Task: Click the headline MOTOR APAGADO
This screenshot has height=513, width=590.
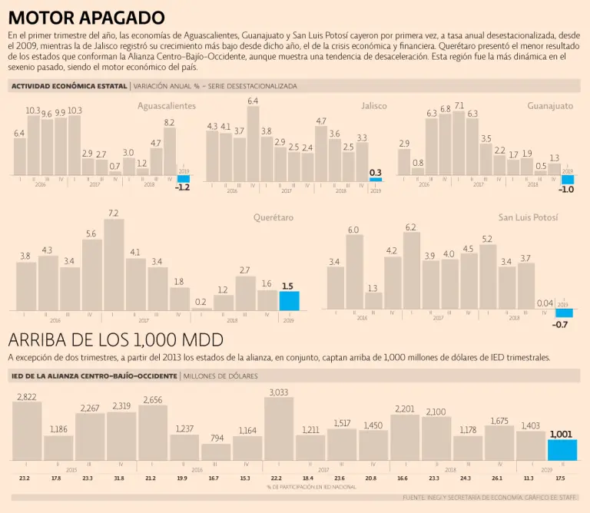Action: pos(86,18)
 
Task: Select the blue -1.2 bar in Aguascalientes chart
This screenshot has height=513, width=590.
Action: pos(184,180)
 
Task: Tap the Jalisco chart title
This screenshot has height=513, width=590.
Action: pos(374,106)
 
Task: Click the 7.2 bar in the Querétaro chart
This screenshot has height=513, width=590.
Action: pos(114,265)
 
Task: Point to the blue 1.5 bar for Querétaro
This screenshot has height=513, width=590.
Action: pos(289,300)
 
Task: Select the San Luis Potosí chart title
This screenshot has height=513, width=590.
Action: pos(529,218)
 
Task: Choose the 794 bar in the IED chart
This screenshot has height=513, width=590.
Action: pos(216,452)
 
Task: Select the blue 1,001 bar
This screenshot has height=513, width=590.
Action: pos(562,450)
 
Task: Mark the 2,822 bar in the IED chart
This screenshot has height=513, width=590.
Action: pos(27,431)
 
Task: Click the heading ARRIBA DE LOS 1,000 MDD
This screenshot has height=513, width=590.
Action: pos(115,340)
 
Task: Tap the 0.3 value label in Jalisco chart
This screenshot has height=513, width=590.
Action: pos(376,172)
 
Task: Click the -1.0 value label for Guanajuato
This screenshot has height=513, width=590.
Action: pos(567,189)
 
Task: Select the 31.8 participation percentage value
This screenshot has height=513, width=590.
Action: pos(118,478)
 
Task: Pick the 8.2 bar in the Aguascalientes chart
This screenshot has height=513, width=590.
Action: pos(170,152)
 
